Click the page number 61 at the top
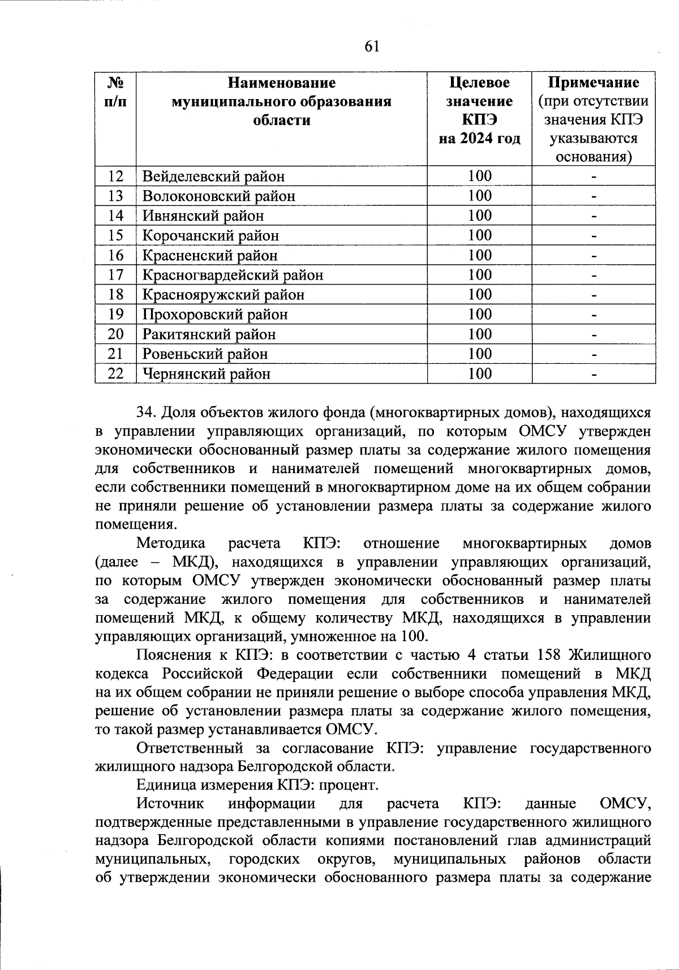(x=371, y=46)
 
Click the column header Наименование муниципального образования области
(x=281, y=101)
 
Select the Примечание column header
(x=594, y=83)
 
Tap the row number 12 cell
(x=115, y=176)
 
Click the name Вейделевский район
(x=213, y=177)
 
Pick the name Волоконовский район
(x=218, y=196)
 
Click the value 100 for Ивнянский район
(x=479, y=216)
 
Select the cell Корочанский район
(x=210, y=235)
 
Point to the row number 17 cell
(x=115, y=275)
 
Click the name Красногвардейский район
(x=233, y=275)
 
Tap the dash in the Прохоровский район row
(x=594, y=315)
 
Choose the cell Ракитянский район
(x=209, y=334)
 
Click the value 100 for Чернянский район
(x=479, y=374)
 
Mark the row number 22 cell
(x=115, y=374)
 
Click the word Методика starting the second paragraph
(x=170, y=543)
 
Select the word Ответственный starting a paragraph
(x=190, y=748)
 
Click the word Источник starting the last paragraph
(x=170, y=804)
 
